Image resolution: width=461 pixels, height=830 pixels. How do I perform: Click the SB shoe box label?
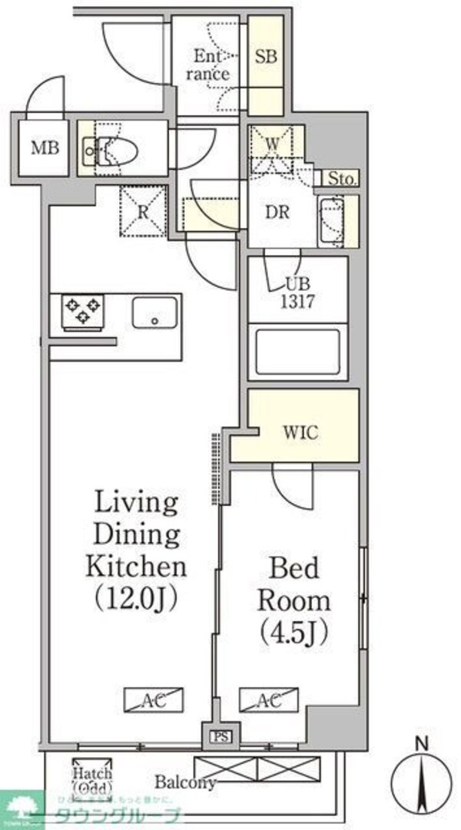(266, 57)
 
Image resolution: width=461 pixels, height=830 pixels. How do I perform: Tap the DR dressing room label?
(277, 213)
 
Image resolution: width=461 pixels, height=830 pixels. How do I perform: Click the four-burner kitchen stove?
(81, 311)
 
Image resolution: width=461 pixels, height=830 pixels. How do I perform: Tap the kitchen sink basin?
(154, 312)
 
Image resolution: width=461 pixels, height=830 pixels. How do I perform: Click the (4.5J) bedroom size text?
(294, 632)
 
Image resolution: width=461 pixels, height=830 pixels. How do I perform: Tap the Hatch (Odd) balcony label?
(92, 779)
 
